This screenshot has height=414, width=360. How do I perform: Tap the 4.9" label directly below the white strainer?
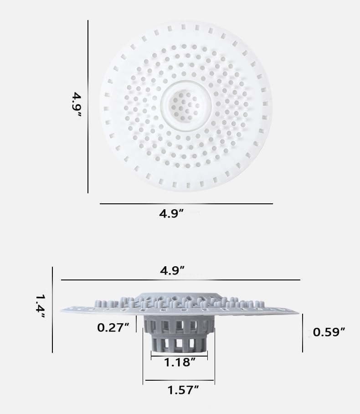171,214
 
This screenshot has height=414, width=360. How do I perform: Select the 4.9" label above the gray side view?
172,270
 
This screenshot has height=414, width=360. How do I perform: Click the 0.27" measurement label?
113,327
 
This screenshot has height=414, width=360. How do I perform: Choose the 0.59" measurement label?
329,332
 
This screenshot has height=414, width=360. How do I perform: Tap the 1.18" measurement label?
180,363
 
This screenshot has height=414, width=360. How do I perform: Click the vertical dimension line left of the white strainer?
88,106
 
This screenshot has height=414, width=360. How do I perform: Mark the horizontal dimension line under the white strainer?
186,204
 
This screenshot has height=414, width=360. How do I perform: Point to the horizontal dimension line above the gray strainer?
180,279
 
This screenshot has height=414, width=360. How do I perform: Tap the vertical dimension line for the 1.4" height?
52,310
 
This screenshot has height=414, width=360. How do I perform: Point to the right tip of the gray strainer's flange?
297,313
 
